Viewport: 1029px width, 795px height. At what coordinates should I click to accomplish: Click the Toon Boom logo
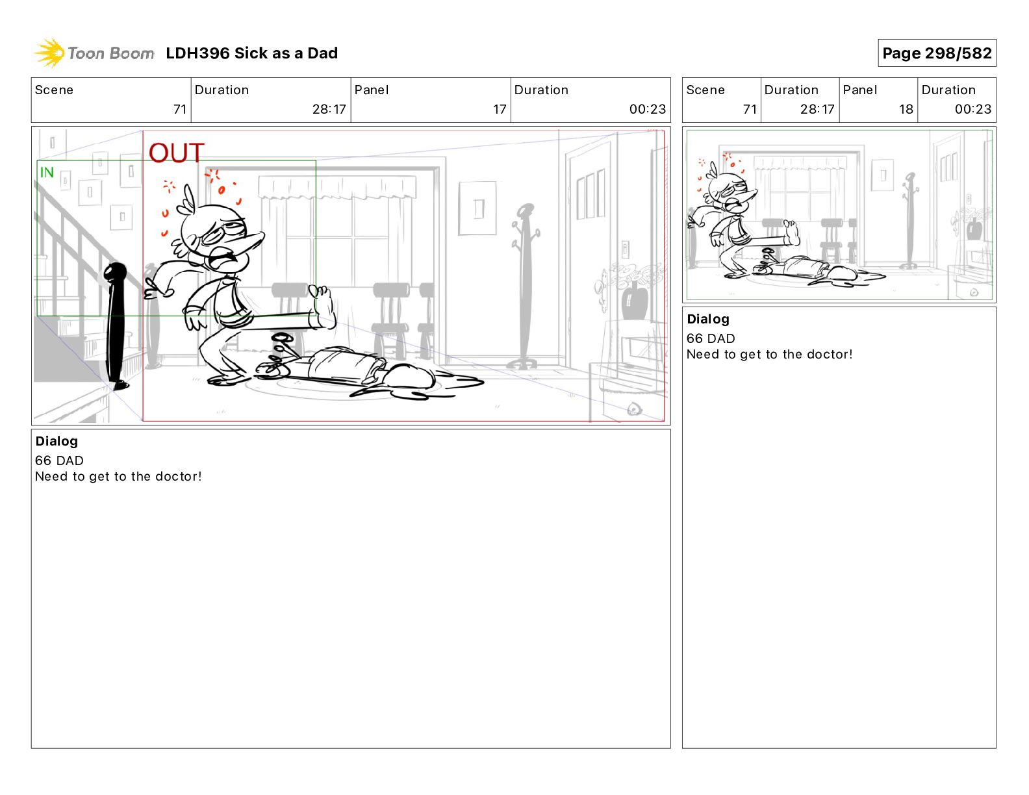(94, 53)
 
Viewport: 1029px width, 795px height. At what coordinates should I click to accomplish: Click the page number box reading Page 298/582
(937, 53)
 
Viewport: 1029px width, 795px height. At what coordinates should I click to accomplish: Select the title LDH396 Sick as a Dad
(252, 53)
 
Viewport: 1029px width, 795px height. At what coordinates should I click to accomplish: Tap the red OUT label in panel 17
(176, 153)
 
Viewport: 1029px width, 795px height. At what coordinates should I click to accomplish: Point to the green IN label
(47, 172)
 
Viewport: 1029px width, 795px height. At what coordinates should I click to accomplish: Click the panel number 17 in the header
(500, 109)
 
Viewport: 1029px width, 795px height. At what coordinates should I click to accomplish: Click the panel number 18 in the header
(906, 109)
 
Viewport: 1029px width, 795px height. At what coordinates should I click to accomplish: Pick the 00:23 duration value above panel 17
(647, 109)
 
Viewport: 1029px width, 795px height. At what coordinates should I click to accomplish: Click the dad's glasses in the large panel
(223, 232)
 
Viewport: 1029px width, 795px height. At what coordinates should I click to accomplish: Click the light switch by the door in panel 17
(625, 249)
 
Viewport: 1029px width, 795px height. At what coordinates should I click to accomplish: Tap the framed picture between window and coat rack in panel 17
(477, 208)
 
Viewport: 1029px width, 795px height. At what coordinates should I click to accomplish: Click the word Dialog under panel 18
(708, 319)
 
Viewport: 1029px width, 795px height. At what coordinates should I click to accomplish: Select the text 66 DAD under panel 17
(59, 461)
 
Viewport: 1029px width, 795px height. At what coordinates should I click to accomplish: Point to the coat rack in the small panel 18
(909, 221)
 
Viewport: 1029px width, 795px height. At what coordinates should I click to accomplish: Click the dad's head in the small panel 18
(728, 192)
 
